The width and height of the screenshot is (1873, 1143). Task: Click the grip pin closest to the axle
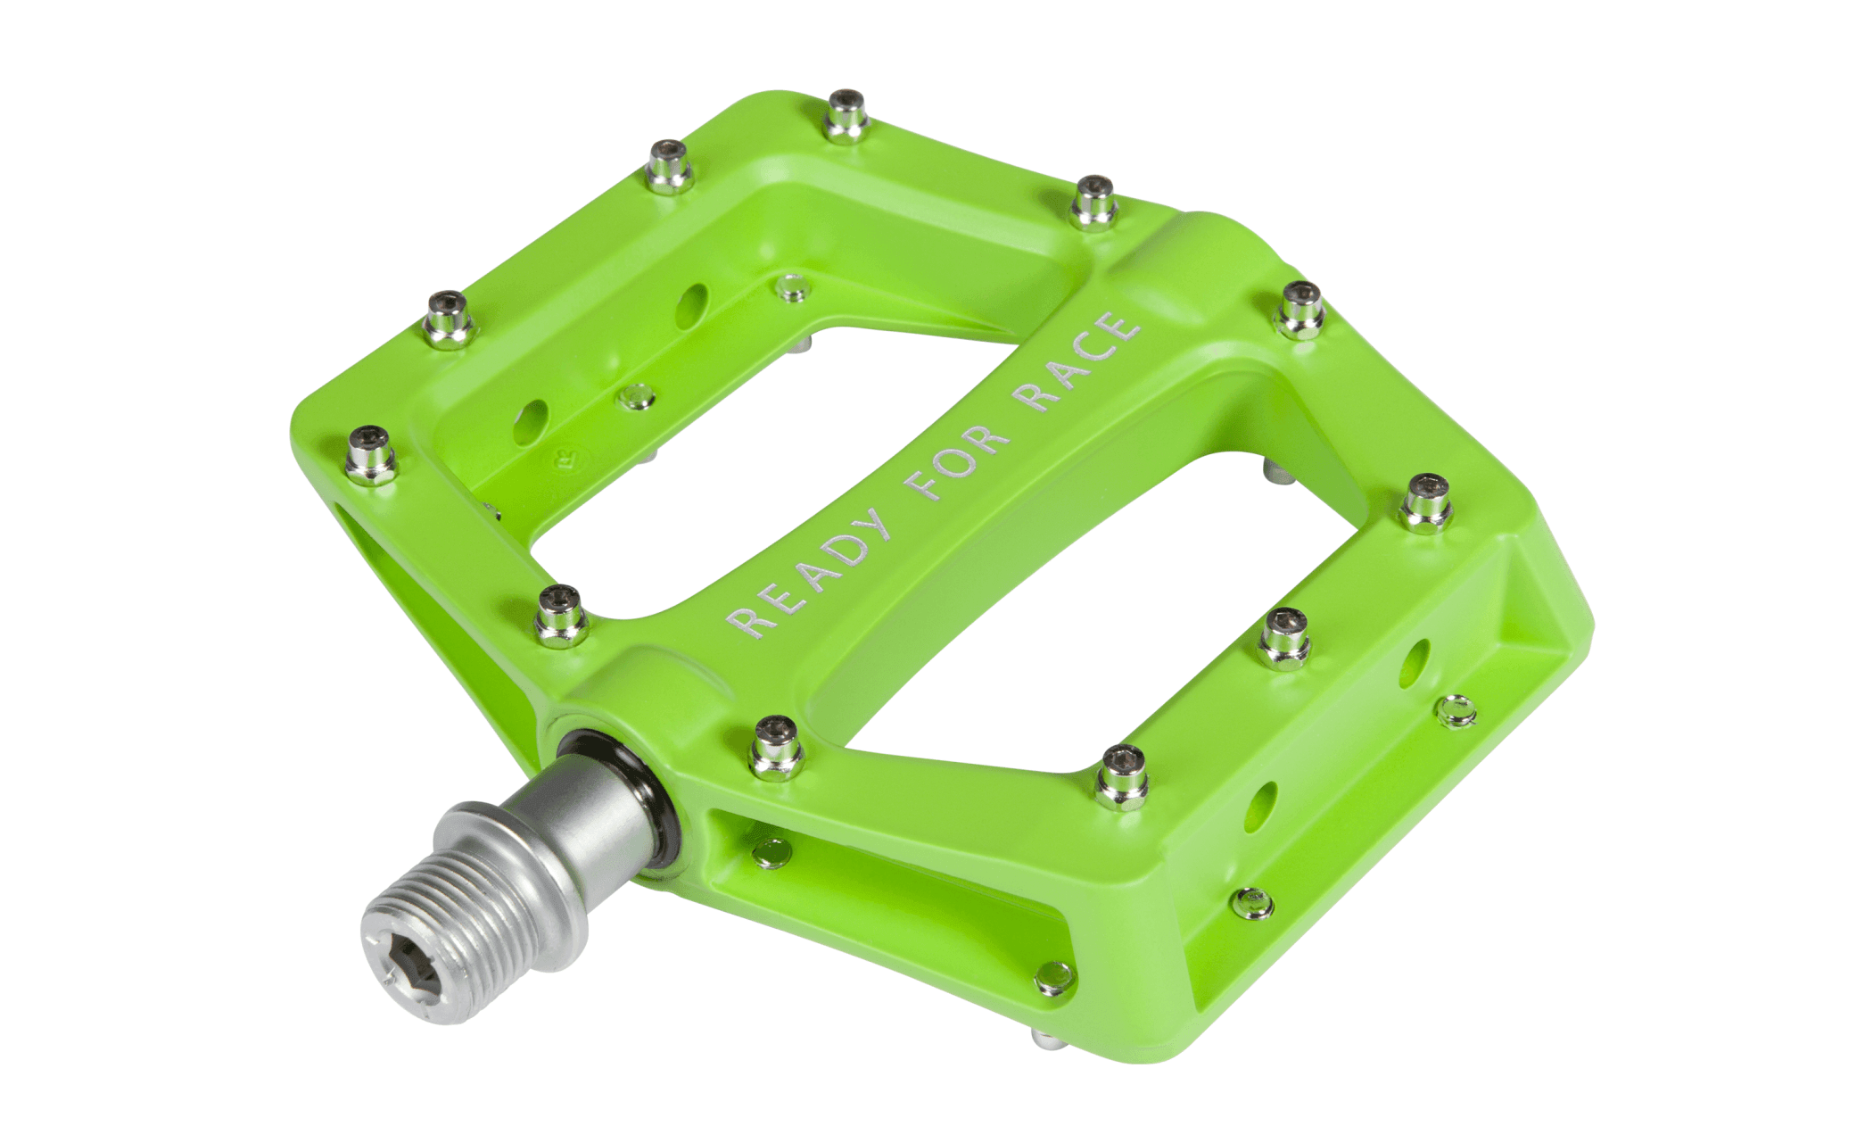coord(775,746)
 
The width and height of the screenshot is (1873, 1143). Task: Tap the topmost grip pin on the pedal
coord(845,115)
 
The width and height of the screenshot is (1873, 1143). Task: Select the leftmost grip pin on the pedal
coord(370,454)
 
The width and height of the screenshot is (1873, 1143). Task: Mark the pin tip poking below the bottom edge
coord(1044,1039)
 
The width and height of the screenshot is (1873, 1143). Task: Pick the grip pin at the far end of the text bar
coord(1093,203)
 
